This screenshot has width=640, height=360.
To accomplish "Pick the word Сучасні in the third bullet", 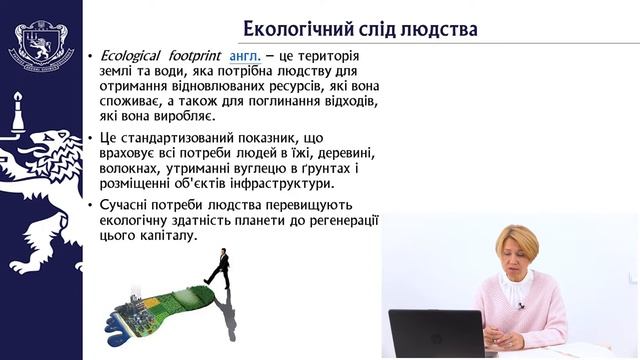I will [x=128, y=206].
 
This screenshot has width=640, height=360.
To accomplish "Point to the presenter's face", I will [x=517, y=257].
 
